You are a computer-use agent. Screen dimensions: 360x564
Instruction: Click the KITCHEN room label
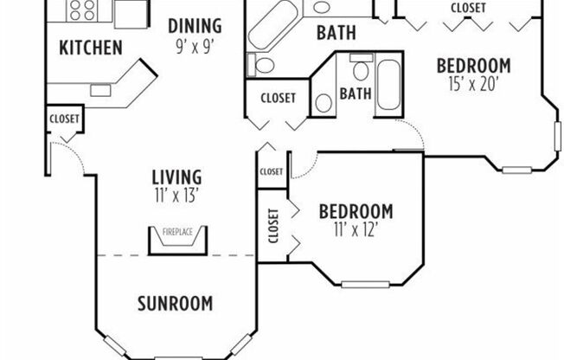(90, 48)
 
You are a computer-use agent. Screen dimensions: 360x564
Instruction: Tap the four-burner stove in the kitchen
(82, 10)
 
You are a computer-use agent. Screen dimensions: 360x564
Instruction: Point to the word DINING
(195, 26)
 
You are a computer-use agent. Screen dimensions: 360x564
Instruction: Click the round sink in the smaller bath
(324, 102)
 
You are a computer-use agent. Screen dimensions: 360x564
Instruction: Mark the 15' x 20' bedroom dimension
(472, 84)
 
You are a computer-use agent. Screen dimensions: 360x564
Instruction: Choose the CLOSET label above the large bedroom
(467, 8)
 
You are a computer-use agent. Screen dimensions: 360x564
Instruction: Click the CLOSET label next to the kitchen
(64, 119)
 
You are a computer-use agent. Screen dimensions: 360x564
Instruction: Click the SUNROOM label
(175, 303)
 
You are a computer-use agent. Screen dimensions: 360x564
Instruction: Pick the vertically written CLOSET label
(274, 225)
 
